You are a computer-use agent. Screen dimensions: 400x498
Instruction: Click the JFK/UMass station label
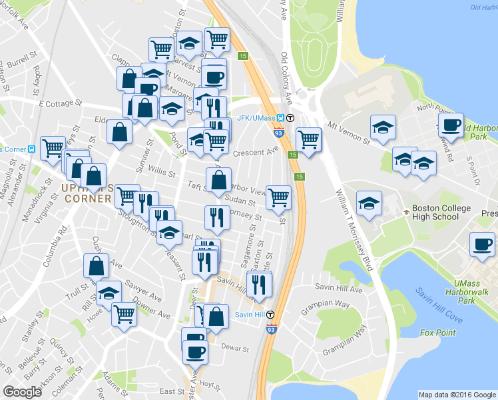(x=256, y=118)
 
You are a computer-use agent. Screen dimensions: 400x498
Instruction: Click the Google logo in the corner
(x=23, y=392)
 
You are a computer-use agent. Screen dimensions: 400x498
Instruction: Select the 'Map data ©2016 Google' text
(x=456, y=395)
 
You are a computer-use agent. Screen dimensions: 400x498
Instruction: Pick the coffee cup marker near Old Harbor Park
(x=451, y=125)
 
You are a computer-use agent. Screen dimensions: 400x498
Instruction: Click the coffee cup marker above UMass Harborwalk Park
(x=483, y=243)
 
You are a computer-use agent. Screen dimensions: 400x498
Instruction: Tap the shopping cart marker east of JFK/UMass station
(x=308, y=139)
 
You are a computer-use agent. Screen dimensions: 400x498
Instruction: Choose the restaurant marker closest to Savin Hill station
(x=258, y=284)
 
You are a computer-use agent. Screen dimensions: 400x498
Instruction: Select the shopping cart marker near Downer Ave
(x=124, y=313)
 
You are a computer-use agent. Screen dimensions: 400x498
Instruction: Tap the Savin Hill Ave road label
(x=344, y=290)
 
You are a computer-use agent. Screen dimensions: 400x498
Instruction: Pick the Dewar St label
(x=235, y=347)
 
